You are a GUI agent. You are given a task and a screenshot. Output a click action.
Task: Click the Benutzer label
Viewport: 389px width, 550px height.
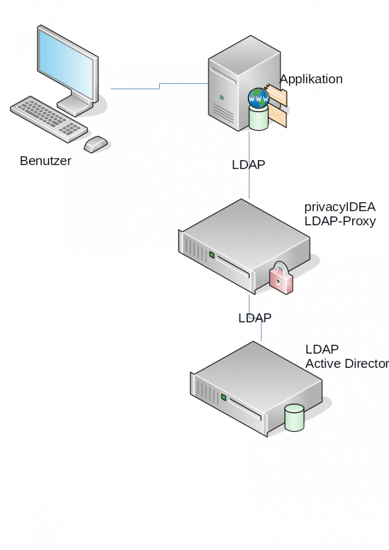point(45,161)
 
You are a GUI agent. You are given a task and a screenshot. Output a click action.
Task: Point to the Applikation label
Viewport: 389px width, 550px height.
point(312,80)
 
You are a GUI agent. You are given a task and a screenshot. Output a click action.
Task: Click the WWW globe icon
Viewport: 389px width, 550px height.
point(259,99)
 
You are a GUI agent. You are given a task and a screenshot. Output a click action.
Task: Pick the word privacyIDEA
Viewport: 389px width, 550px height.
point(340,208)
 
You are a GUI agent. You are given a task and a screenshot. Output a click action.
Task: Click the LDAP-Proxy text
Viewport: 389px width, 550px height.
point(340,221)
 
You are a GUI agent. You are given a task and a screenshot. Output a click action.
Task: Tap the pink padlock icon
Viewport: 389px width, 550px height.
point(281,278)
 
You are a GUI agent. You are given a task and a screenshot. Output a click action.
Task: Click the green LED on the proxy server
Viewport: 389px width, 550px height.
point(212,255)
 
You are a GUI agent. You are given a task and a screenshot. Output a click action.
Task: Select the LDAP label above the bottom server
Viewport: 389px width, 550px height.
point(255,318)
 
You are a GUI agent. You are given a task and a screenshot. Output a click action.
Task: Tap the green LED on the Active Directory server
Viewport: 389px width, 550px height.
point(224,398)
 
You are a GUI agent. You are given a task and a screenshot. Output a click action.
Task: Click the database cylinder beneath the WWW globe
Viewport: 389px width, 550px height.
point(259,119)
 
